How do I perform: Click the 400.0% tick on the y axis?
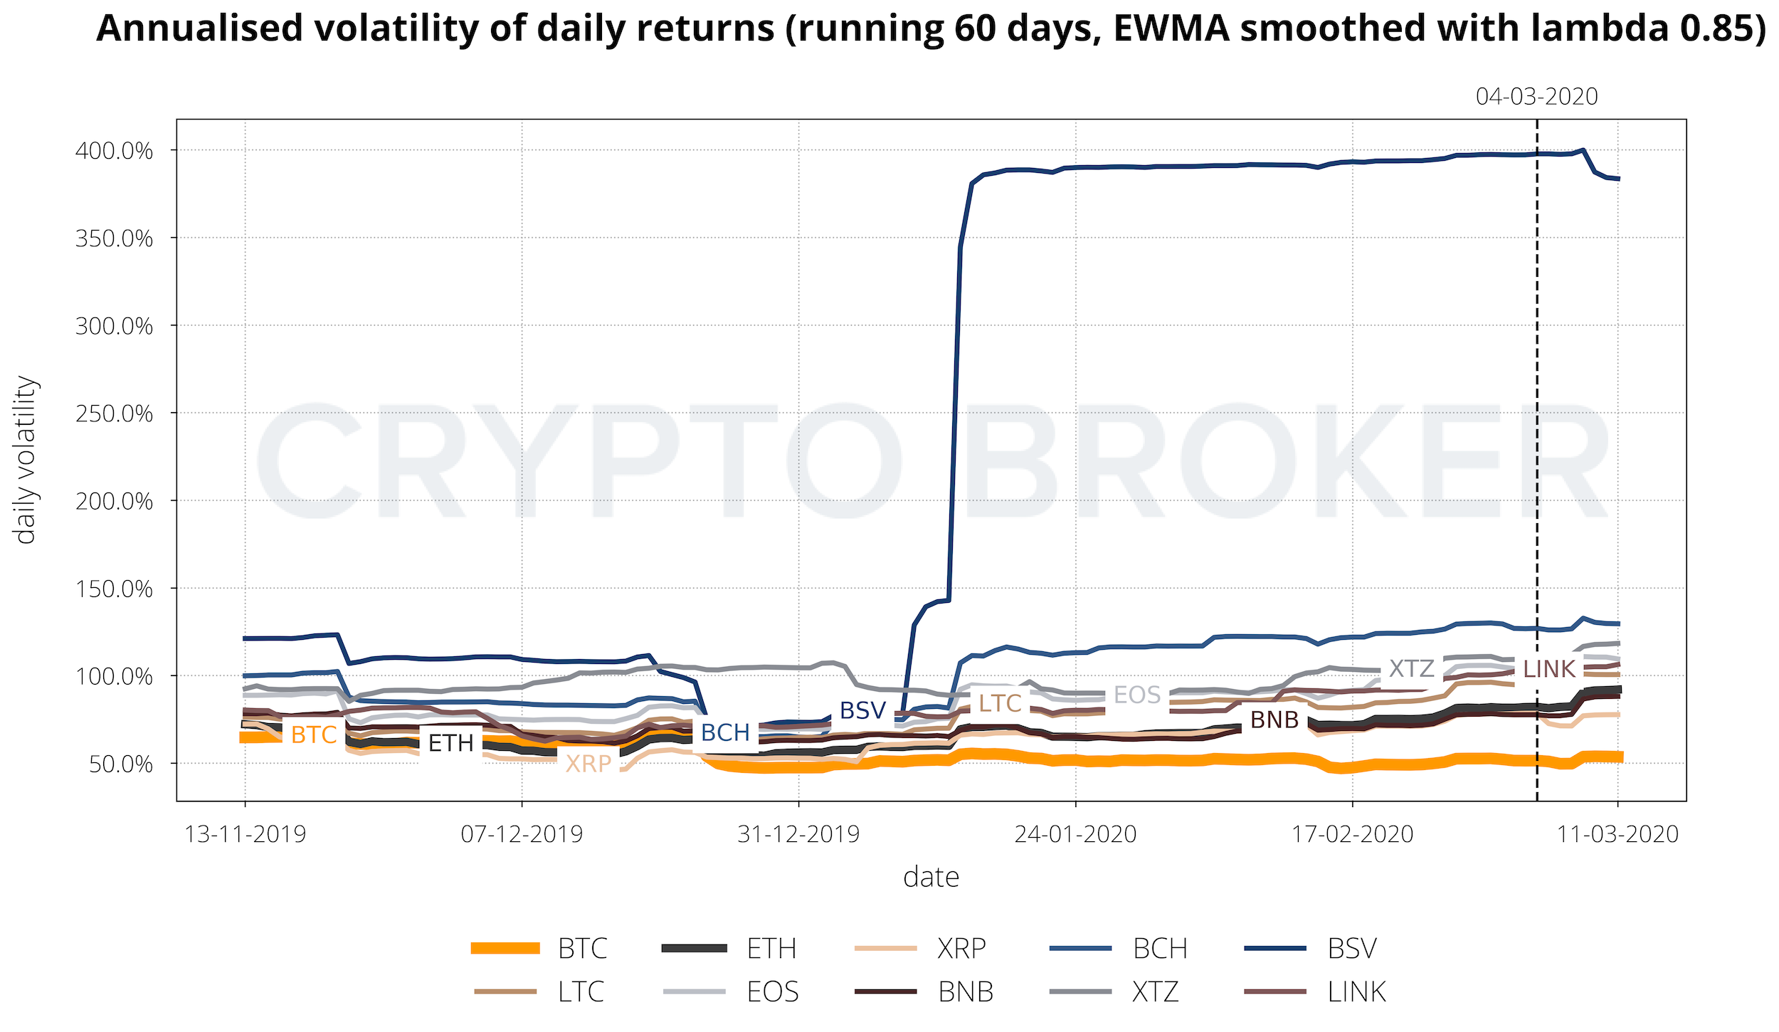(x=114, y=151)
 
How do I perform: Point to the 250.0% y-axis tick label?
(x=114, y=414)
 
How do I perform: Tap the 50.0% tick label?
(x=120, y=764)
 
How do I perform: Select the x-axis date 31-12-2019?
(x=798, y=833)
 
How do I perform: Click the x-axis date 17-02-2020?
(x=1352, y=833)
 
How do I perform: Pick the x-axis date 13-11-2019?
(x=245, y=833)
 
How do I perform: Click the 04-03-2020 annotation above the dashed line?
(x=1536, y=96)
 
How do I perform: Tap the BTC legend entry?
(x=582, y=949)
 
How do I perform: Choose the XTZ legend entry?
(x=1155, y=991)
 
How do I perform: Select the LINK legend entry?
(x=1356, y=991)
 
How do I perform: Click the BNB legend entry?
(x=965, y=991)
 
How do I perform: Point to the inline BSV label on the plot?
(x=862, y=710)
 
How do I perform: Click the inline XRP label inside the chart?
(x=588, y=764)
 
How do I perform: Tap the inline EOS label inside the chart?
(x=1137, y=695)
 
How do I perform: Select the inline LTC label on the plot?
(x=1000, y=703)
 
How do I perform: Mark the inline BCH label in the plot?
(x=725, y=732)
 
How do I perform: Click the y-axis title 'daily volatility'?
(x=26, y=460)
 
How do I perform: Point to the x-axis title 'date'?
(x=931, y=878)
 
